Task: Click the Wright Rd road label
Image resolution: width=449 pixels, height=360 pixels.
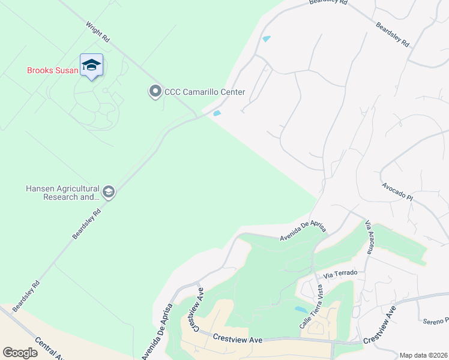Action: click(x=98, y=32)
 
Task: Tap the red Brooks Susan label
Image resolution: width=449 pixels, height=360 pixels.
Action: click(x=52, y=70)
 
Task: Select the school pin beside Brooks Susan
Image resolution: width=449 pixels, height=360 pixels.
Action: click(x=91, y=65)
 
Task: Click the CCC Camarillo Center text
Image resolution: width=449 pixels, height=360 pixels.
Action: click(x=205, y=92)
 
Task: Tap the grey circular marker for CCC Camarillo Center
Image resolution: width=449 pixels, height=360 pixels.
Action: click(x=155, y=92)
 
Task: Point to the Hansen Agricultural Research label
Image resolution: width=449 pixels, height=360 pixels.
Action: click(x=62, y=193)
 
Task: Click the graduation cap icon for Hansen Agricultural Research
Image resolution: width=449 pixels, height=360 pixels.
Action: click(x=109, y=193)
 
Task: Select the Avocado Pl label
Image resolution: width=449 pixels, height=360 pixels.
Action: click(x=397, y=192)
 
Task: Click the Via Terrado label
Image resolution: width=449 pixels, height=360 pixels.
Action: click(x=340, y=273)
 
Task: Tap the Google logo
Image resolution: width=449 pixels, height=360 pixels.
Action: click(x=20, y=353)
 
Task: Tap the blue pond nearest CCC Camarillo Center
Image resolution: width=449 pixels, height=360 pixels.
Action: click(x=217, y=113)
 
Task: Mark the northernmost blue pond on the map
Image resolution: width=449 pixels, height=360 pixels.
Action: click(x=267, y=39)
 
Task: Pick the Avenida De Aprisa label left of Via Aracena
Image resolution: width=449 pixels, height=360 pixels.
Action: click(x=303, y=230)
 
